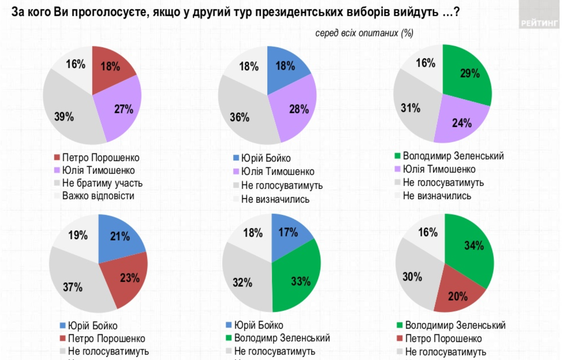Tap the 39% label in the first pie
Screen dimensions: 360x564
click(64, 116)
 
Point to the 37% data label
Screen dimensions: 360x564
click(73, 287)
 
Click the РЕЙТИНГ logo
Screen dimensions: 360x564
click(539, 23)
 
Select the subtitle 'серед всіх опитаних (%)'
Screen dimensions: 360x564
click(364, 33)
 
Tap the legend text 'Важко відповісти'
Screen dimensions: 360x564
click(98, 196)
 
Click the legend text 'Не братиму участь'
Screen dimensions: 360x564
click(102, 183)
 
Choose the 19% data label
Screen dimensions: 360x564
click(78, 235)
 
